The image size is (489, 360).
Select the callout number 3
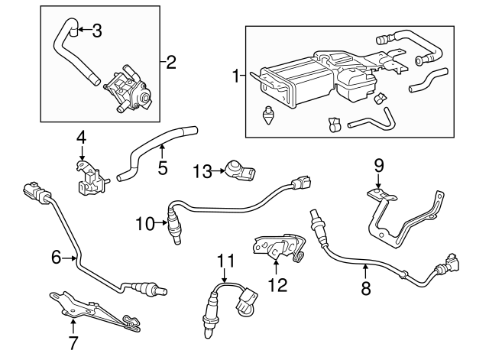[96, 31]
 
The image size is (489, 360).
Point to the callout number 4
[80, 138]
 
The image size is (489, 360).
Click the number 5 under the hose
[162, 167]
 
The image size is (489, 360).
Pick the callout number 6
[55, 258]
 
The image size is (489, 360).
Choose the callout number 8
[365, 288]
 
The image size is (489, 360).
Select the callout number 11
[224, 261]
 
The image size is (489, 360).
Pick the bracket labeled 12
[275, 246]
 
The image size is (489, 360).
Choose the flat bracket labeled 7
[92, 310]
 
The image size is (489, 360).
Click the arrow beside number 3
[82, 31]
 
